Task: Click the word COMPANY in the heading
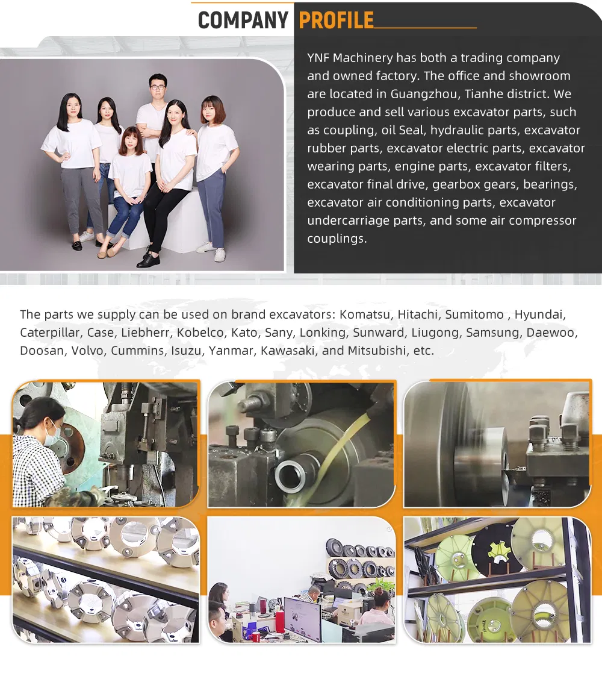(243, 20)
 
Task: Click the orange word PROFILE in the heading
(337, 20)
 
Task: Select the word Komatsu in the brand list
(364, 314)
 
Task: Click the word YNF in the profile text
(318, 58)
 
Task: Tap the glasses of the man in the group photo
(158, 87)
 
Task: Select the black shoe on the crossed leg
(148, 260)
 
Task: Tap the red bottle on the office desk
(281, 621)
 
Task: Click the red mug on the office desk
(256, 637)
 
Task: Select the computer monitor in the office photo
(303, 618)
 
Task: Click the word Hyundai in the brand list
(540, 315)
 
